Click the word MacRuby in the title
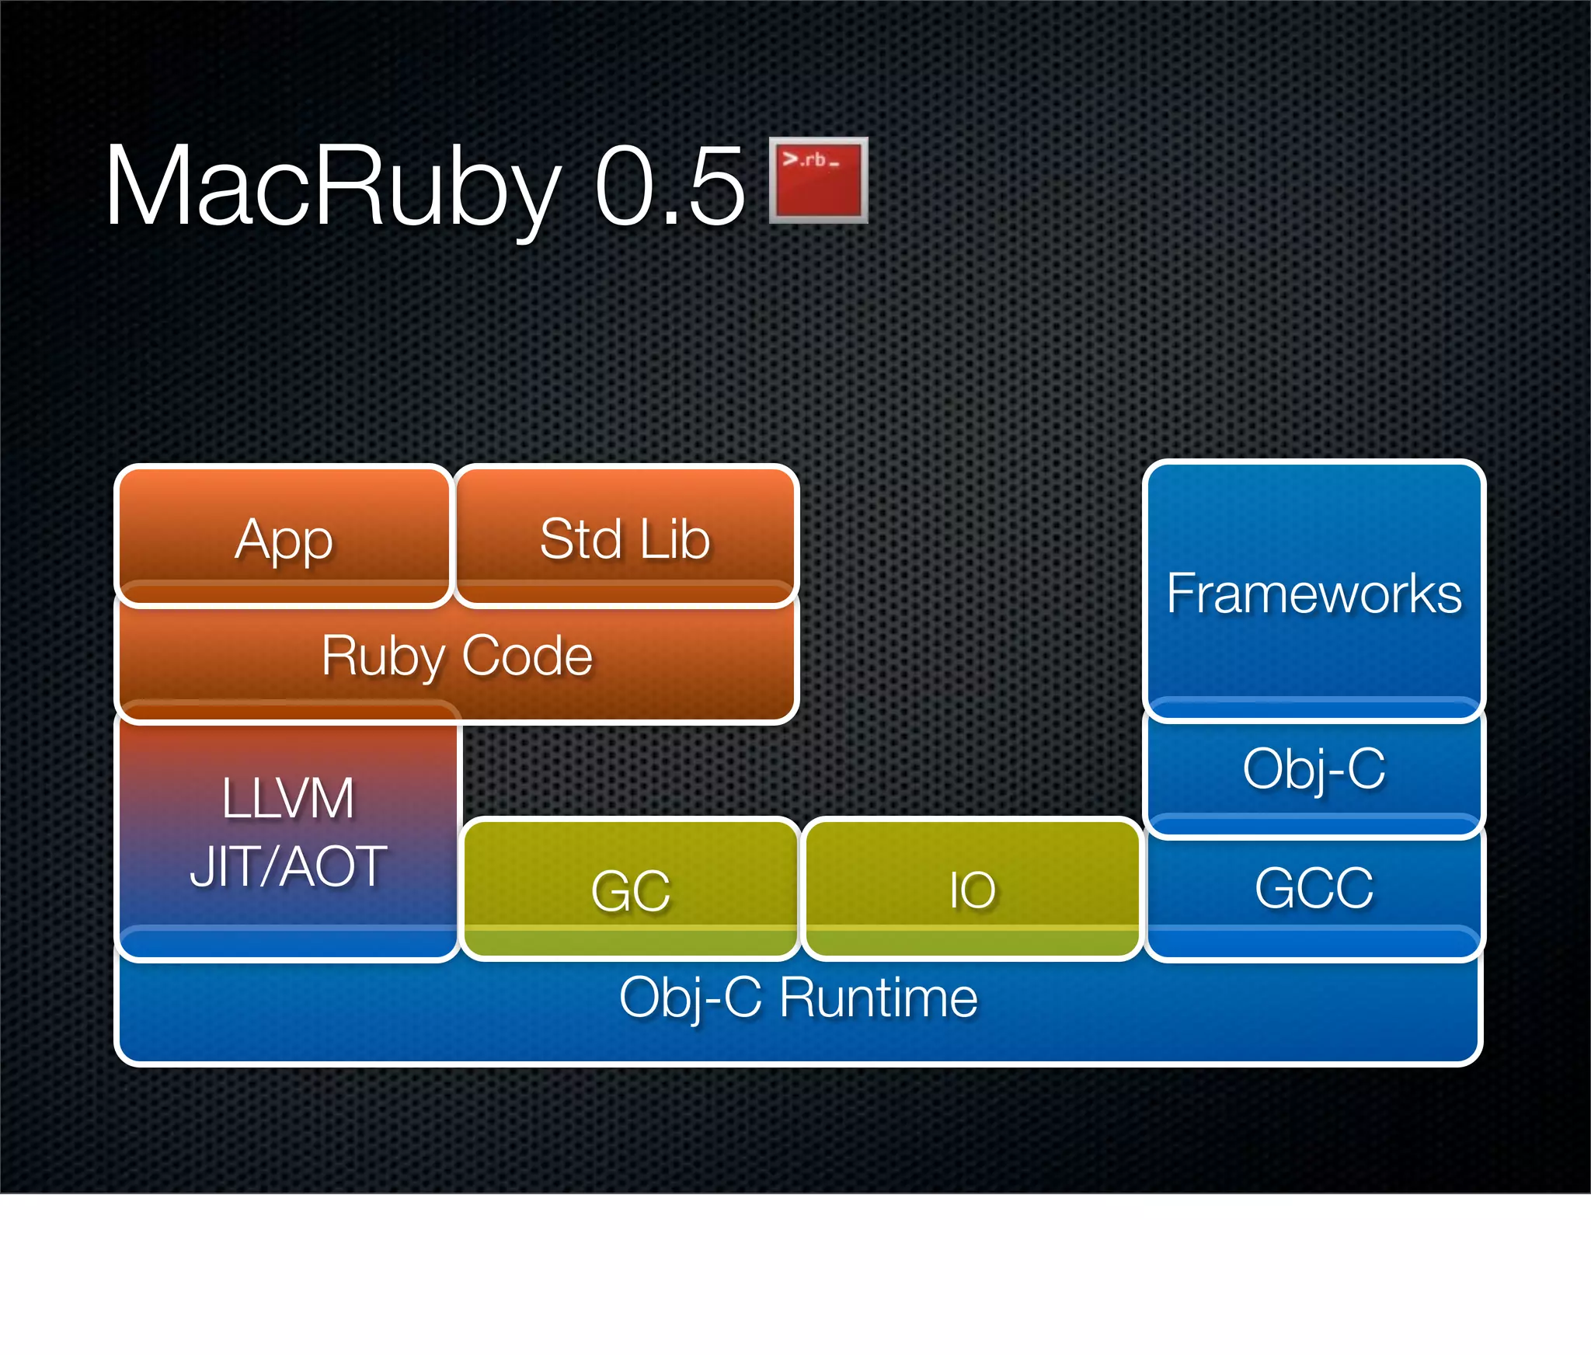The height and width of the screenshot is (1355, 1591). pos(332,186)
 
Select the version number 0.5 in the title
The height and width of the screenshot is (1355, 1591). pos(670,186)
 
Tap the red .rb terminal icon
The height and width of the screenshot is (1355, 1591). pos(818,180)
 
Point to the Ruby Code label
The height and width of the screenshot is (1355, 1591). pos(457,657)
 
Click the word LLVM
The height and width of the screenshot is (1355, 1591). pos(288,798)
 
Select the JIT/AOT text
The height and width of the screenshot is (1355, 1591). pos(288,866)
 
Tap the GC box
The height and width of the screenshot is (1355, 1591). pos(630,890)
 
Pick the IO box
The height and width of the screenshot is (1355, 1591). pos(972,890)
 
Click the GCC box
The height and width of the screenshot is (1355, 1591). pos(1314,887)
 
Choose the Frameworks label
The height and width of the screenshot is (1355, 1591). pos(1314,594)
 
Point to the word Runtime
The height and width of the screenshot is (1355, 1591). pos(878,998)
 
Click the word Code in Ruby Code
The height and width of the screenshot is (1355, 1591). pos(527,657)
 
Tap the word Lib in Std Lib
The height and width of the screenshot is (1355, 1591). pos(675,538)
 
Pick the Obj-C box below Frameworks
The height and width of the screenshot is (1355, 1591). pos(1314,769)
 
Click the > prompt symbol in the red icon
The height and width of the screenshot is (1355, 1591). pos(790,159)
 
